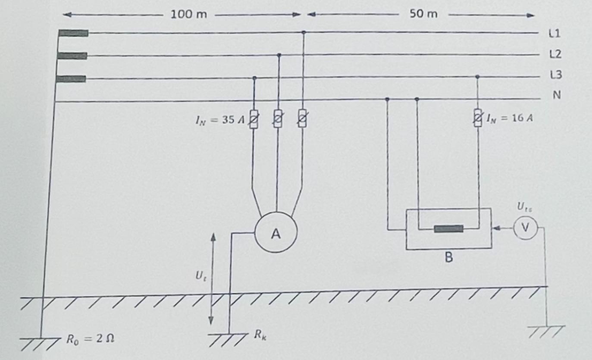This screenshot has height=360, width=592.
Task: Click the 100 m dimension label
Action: coord(188,14)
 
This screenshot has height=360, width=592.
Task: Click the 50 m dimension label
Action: coord(423,14)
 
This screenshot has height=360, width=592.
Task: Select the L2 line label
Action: coord(556,54)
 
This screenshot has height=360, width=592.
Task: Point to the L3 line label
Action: coord(556,75)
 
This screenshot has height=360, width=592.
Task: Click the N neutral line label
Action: coord(557,95)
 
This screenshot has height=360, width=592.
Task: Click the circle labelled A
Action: coord(276,234)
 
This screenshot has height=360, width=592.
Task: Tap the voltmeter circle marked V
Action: coord(525,228)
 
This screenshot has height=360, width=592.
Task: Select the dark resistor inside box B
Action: coord(448,229)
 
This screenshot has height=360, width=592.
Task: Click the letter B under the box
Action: coord(449,258)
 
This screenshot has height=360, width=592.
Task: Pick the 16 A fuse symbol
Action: coord(478,118)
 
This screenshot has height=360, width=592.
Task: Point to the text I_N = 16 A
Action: coord(510,118)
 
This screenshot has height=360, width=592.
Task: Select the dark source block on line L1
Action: coord(73,33)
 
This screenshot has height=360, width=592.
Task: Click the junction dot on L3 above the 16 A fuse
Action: coord(477,76)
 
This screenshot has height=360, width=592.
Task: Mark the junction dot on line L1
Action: coord(304,32)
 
